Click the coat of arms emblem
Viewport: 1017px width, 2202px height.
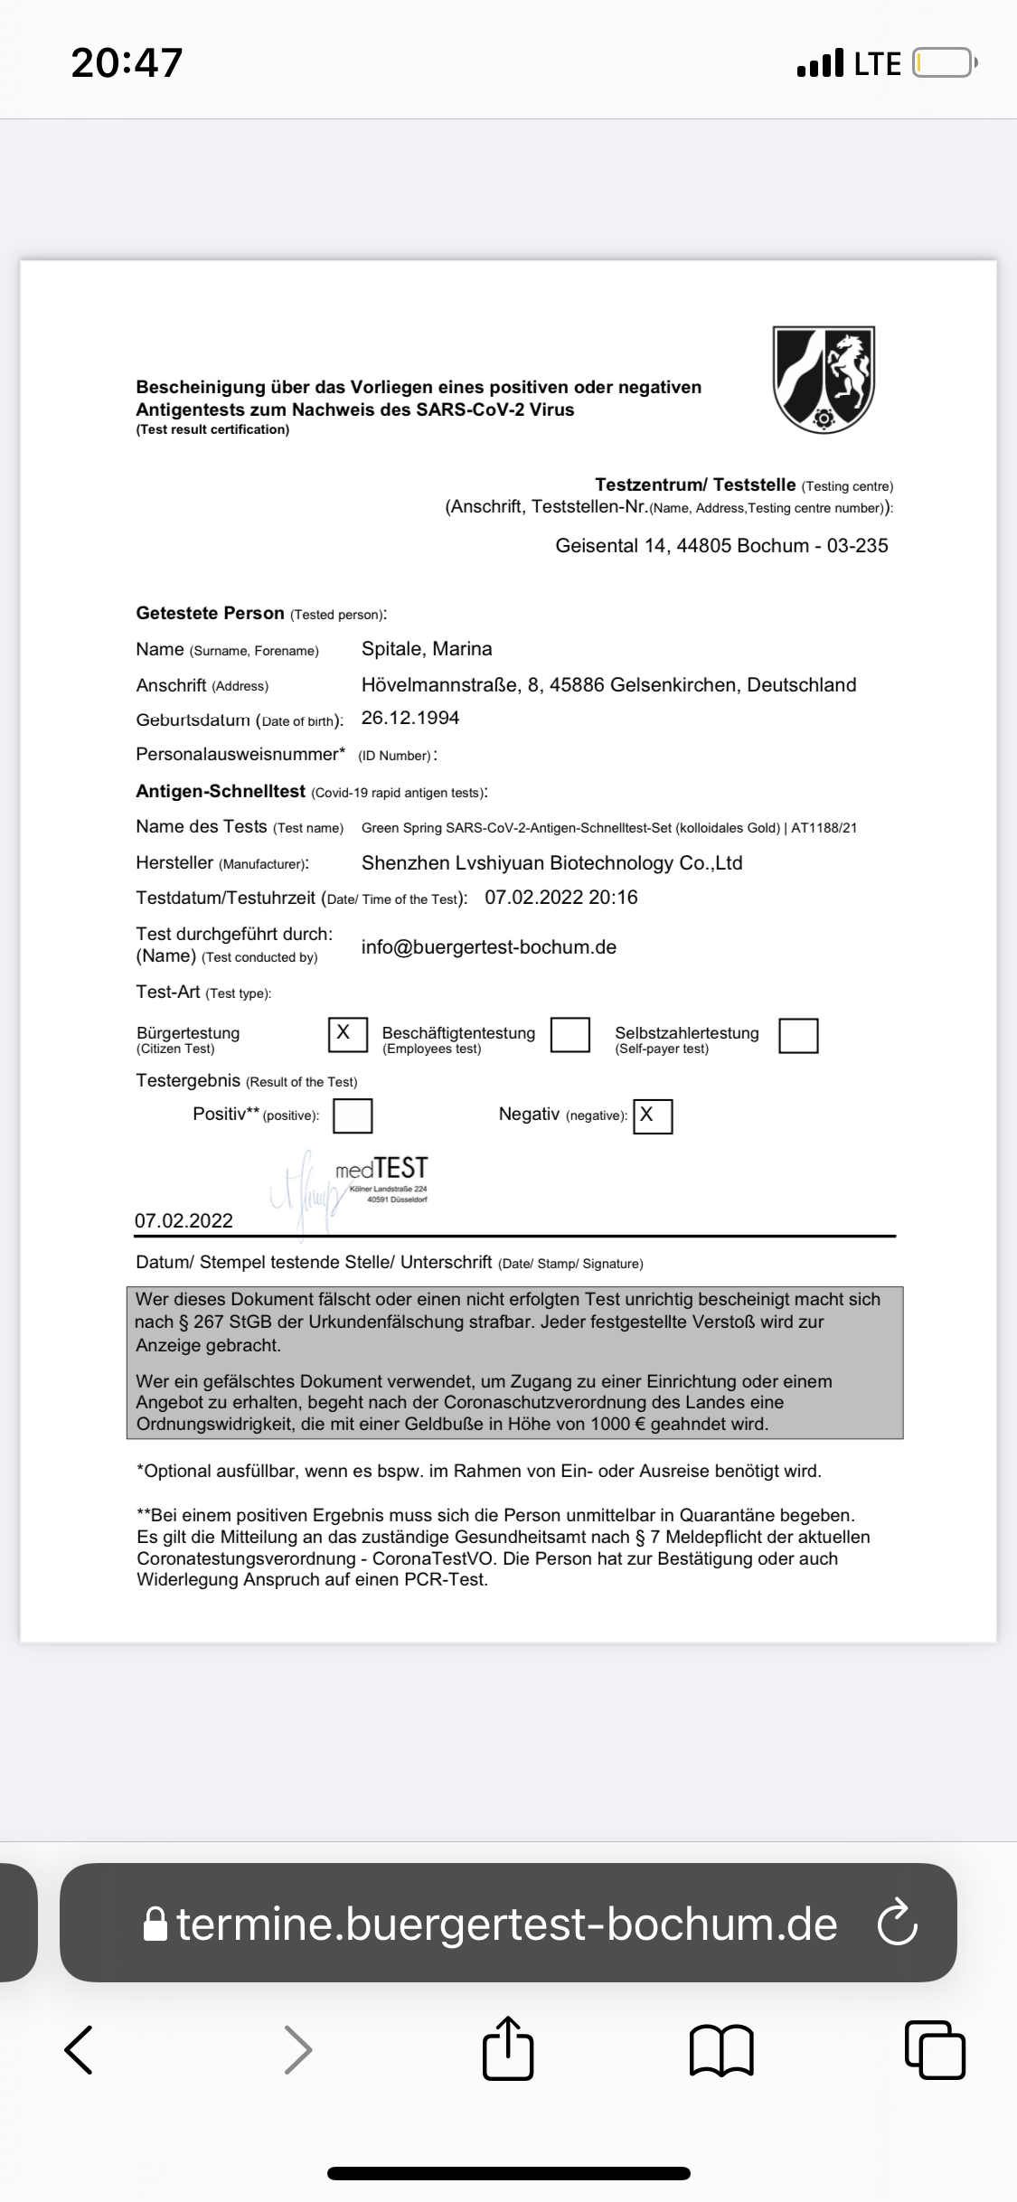click(x=824, y=380)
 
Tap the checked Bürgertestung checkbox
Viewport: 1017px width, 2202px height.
click(x=347, y=1034)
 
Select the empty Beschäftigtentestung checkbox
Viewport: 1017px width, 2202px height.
click(x=570, y=1035)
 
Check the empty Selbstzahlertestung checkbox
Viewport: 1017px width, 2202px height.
click(x=798, y=1036)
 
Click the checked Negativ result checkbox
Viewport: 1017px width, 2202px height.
click(x=653, y=1116)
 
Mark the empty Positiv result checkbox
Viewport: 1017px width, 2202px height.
click(x=353, y=1115)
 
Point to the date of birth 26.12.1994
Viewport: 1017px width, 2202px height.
click(x=410, y=718)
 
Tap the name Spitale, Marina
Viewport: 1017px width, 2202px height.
click(x=427, y=649)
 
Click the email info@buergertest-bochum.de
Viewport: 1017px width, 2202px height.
click(x=489, y=947)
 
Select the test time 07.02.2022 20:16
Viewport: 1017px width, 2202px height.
click(x=561, y=898)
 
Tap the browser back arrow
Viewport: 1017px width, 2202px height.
click(x=80, y=2049)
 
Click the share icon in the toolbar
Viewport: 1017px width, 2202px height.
click(x=508, y=2048)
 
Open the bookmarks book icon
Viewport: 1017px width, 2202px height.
click(x=721, y=2050)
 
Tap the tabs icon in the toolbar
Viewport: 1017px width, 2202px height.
click(x=935, y=2049)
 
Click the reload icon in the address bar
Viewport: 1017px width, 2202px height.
click(x=897, y=1923)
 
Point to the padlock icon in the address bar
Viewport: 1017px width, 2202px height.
click(x=155, y=1924)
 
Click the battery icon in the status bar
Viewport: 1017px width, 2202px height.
click(x=944, y=63)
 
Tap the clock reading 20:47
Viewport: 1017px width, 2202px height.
click(x=127, y=63)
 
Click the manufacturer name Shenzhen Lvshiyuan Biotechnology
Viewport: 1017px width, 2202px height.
click(x=551, y=863)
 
